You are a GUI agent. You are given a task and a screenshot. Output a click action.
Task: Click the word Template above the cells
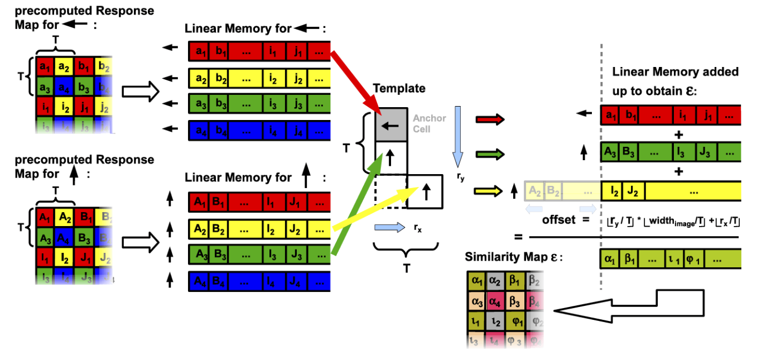tap(399, 88)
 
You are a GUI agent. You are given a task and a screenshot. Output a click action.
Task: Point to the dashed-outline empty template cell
tap(390, 191)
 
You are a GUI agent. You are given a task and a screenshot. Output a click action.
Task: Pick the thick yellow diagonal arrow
tap(374, 208)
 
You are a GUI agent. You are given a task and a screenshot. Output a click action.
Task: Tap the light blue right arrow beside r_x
tap(391, 227)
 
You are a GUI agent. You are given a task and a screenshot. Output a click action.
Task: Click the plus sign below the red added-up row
tap(678, 135)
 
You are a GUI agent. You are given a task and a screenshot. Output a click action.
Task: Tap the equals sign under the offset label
tap(519, 237)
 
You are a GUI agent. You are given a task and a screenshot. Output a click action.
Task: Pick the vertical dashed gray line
tap(601, 167)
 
